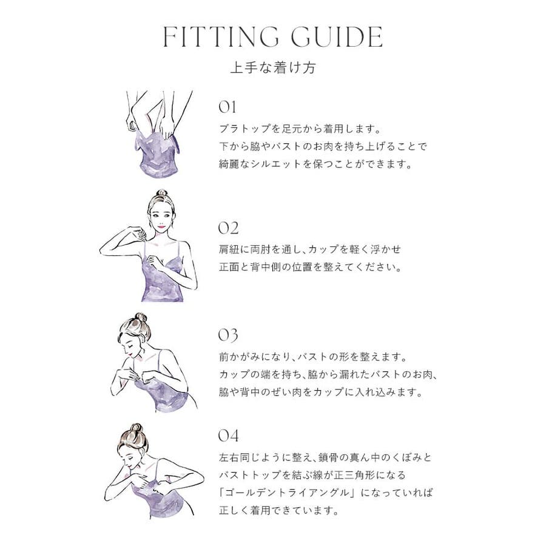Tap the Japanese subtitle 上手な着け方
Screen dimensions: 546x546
273,67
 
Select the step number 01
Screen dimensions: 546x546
227,107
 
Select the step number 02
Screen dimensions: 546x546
229,228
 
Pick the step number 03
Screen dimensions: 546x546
228,335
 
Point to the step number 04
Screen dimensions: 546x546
229,436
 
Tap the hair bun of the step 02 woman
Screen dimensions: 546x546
161,194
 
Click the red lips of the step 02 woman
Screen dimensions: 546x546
161,227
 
